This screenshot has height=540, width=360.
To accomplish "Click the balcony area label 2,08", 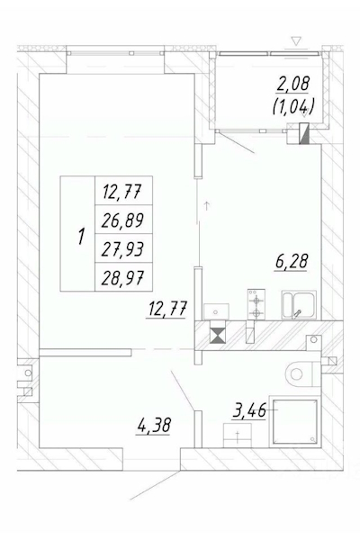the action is click(x=293, y=84).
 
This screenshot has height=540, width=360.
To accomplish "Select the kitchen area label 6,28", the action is click(x=291, y=261).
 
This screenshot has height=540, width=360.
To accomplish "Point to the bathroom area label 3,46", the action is click(x=249, y=411).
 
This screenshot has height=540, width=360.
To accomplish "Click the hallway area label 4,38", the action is click(x=154, y=425).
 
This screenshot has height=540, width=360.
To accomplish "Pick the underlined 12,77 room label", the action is click(x=166, y=309).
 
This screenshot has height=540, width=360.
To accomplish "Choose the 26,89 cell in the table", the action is click(x=122, y=220).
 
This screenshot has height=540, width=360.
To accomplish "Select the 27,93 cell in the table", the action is click(x=122, y=249).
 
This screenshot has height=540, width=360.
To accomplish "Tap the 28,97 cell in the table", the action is click(x=122, y=277).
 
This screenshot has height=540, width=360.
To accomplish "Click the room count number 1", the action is click(x=81, y=237).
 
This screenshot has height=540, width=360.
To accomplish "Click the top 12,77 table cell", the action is click(x=122, y=191).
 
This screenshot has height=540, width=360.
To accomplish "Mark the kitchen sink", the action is click(x=299, y=305).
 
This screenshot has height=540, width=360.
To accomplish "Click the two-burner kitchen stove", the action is click(x=256, y=304).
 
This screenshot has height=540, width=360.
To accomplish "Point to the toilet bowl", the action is click(x=300, y=373).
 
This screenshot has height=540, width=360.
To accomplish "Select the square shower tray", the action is click(x=295, y=421).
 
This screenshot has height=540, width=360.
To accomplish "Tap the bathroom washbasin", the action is click(x=238, y=436).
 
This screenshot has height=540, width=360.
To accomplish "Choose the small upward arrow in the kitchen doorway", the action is click(x=207, y=206).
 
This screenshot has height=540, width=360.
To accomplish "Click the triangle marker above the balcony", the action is click(x=296, y=41).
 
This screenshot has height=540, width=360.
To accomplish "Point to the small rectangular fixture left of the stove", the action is click(x=216, y=311).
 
